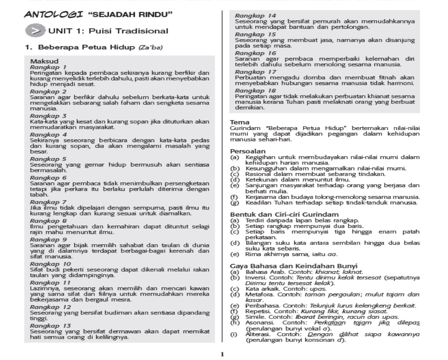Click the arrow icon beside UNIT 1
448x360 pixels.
click(35, 31)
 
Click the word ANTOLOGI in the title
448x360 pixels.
click(53, 15)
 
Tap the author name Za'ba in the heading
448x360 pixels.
click(150, 47)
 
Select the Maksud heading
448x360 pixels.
click(44, 62)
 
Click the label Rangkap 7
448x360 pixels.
click(48, 202)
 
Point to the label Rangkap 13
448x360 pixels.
click(50, 326)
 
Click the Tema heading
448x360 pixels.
click(240, 122)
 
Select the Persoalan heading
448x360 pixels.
click(248, 151)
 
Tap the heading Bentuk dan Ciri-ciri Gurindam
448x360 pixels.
click(284, 215)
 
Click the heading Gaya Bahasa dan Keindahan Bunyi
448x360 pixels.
click(294, 266)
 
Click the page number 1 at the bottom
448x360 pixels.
click(222, 354)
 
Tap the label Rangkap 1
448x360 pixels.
click(48, 67)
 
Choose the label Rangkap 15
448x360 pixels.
click(255, 35)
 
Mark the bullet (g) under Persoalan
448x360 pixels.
click(235, 203)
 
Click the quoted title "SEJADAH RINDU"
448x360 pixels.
click(130, 15)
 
